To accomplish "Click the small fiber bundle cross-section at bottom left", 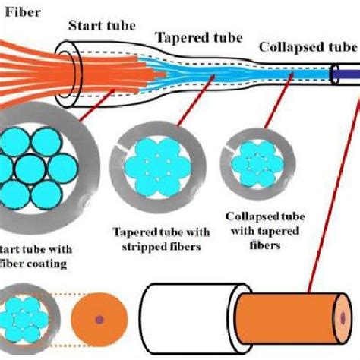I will click(27, 323).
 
